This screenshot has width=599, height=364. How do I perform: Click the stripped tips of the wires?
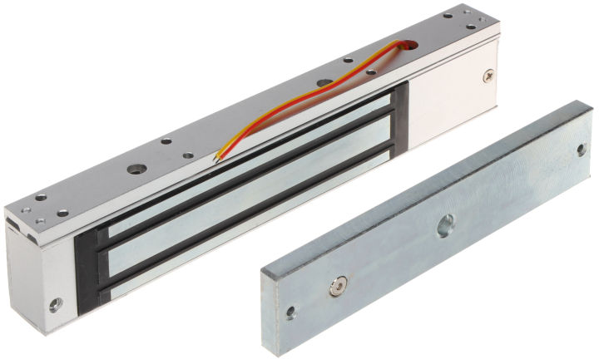pyautogui.click(x=218, y=155)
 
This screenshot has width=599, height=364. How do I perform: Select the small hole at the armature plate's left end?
pyautogui.click(x=290, y=314)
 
